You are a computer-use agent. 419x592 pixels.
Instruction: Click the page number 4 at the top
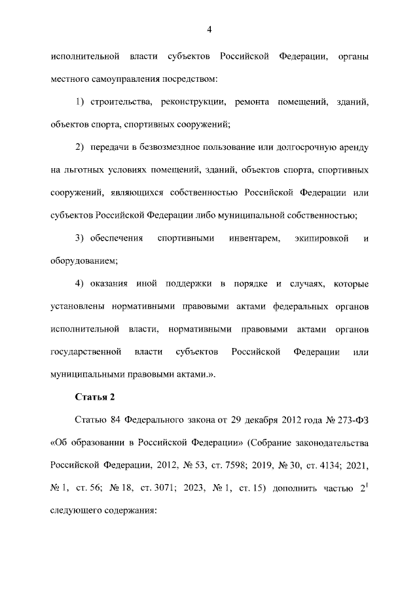[209, 29]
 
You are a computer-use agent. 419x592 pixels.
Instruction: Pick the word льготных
[81, 171]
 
